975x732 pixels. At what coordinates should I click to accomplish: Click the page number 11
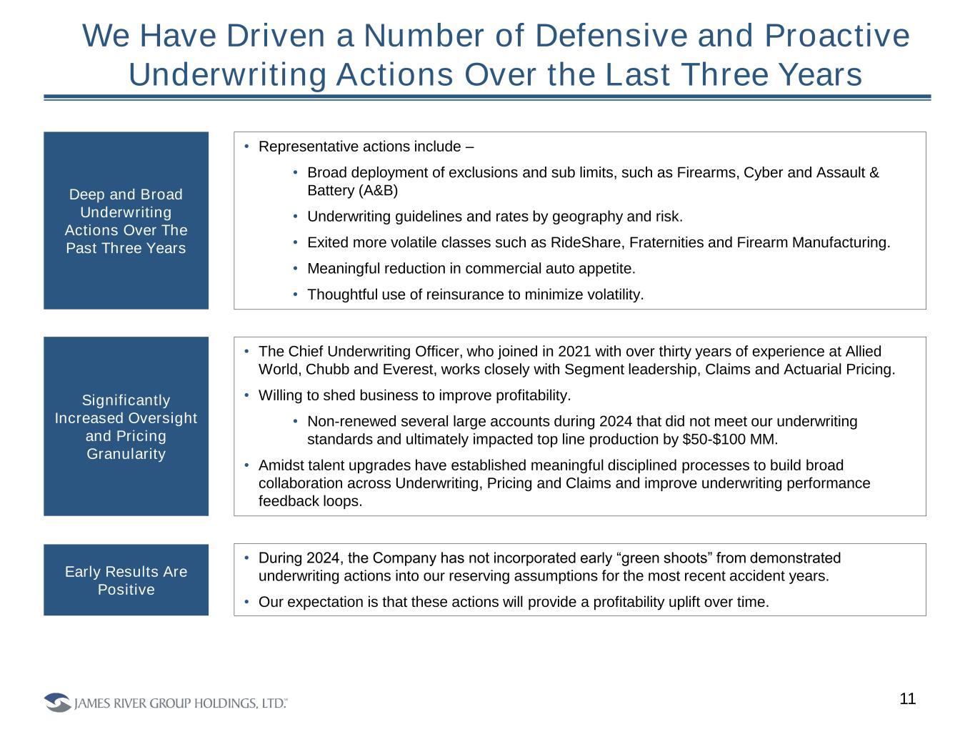907,699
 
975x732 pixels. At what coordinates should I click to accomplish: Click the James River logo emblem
57,703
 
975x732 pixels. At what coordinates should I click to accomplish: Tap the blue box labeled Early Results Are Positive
126,580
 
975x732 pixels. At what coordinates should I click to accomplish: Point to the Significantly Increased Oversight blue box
126,426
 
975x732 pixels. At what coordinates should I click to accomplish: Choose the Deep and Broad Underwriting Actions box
126,220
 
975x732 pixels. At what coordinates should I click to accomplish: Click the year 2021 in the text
574,351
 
